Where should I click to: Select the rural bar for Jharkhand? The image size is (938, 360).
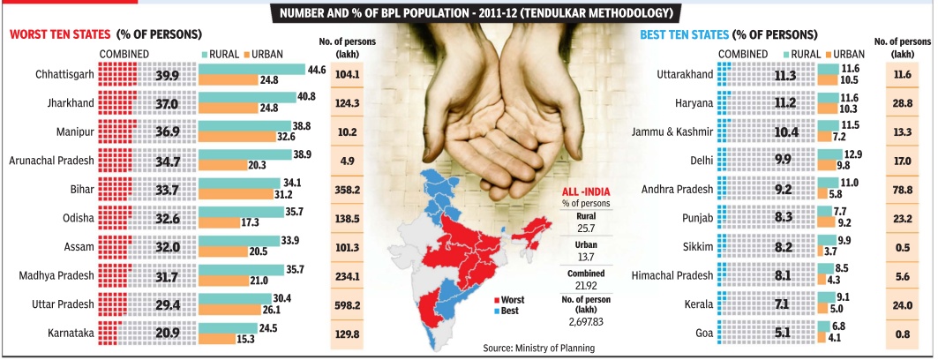[248, 97]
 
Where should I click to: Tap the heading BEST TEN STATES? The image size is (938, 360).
[685, 34]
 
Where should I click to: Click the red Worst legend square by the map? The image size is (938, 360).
[499, 300]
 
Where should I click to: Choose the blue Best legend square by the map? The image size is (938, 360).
[499, 311]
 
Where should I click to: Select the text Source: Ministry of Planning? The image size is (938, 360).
[538, 348]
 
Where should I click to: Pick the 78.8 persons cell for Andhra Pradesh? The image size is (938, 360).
[897, 190]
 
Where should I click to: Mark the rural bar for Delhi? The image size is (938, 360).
[829, 154]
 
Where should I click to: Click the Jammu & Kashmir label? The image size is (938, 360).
[673, 132]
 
